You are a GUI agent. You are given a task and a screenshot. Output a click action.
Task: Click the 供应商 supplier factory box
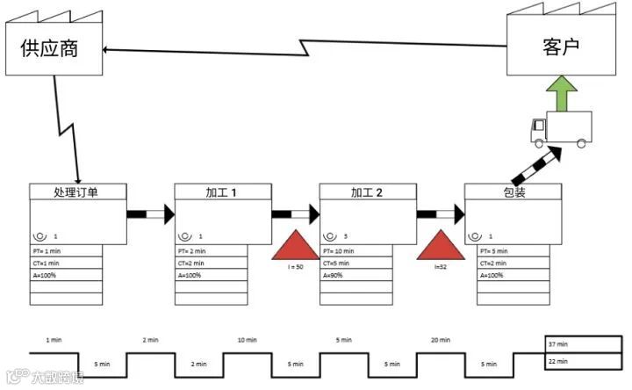click(x=50, y=47)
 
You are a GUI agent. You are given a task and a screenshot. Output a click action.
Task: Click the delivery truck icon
click(x=561, y=131)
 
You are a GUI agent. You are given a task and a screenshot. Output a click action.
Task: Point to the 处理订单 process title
click(x=76, y=192)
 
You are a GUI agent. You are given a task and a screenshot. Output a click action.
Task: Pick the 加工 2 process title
click(x=366, y=192)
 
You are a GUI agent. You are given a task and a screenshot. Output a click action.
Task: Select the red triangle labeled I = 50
click(x=295, y=245)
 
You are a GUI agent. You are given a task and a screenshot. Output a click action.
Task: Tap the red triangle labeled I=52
click(x=439, y=245)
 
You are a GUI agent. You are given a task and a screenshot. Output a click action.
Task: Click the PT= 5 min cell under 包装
click(x=513, y=251)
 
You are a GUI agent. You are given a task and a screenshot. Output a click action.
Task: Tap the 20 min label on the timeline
click(x=440, y=340)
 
